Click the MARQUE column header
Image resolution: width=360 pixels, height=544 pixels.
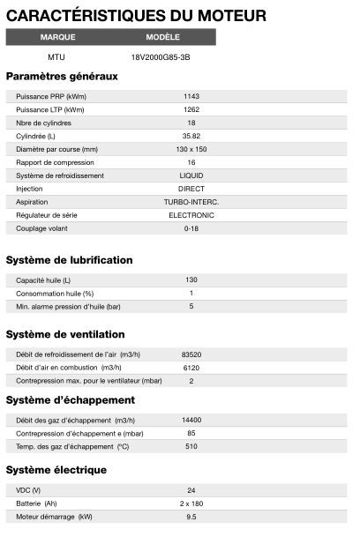point(58,37)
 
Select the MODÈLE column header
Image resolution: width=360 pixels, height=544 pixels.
point(163,37)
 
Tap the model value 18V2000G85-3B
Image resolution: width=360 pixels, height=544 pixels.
point(161,56)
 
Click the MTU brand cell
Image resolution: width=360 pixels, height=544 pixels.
point(56,56)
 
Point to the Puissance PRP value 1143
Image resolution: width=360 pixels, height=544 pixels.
point(191,96)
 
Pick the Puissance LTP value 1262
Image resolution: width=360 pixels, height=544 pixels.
point(191,109)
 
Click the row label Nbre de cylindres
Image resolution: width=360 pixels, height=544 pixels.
point(43,123)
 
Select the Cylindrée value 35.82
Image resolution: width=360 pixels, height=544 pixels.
point(191,136)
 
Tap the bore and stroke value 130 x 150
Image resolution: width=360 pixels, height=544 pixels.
point(191,149)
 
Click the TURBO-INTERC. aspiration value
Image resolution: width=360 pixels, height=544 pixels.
point(191,202)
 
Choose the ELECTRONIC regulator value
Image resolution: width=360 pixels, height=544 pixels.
point(191,214)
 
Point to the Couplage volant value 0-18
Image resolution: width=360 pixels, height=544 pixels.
point(191,227)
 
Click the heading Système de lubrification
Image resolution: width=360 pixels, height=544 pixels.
point(70,260)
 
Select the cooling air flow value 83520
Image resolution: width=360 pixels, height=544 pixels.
point(191,354)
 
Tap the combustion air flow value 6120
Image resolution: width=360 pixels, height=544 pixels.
point(191,368)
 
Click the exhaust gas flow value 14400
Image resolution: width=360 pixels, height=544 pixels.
point(191,421)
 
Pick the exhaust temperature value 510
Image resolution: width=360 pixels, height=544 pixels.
point(191,447)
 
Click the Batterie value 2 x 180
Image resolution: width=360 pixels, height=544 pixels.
point(191,503)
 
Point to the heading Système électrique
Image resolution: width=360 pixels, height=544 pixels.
point(56,470)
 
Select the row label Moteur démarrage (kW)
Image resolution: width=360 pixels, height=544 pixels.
point(55,517)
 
